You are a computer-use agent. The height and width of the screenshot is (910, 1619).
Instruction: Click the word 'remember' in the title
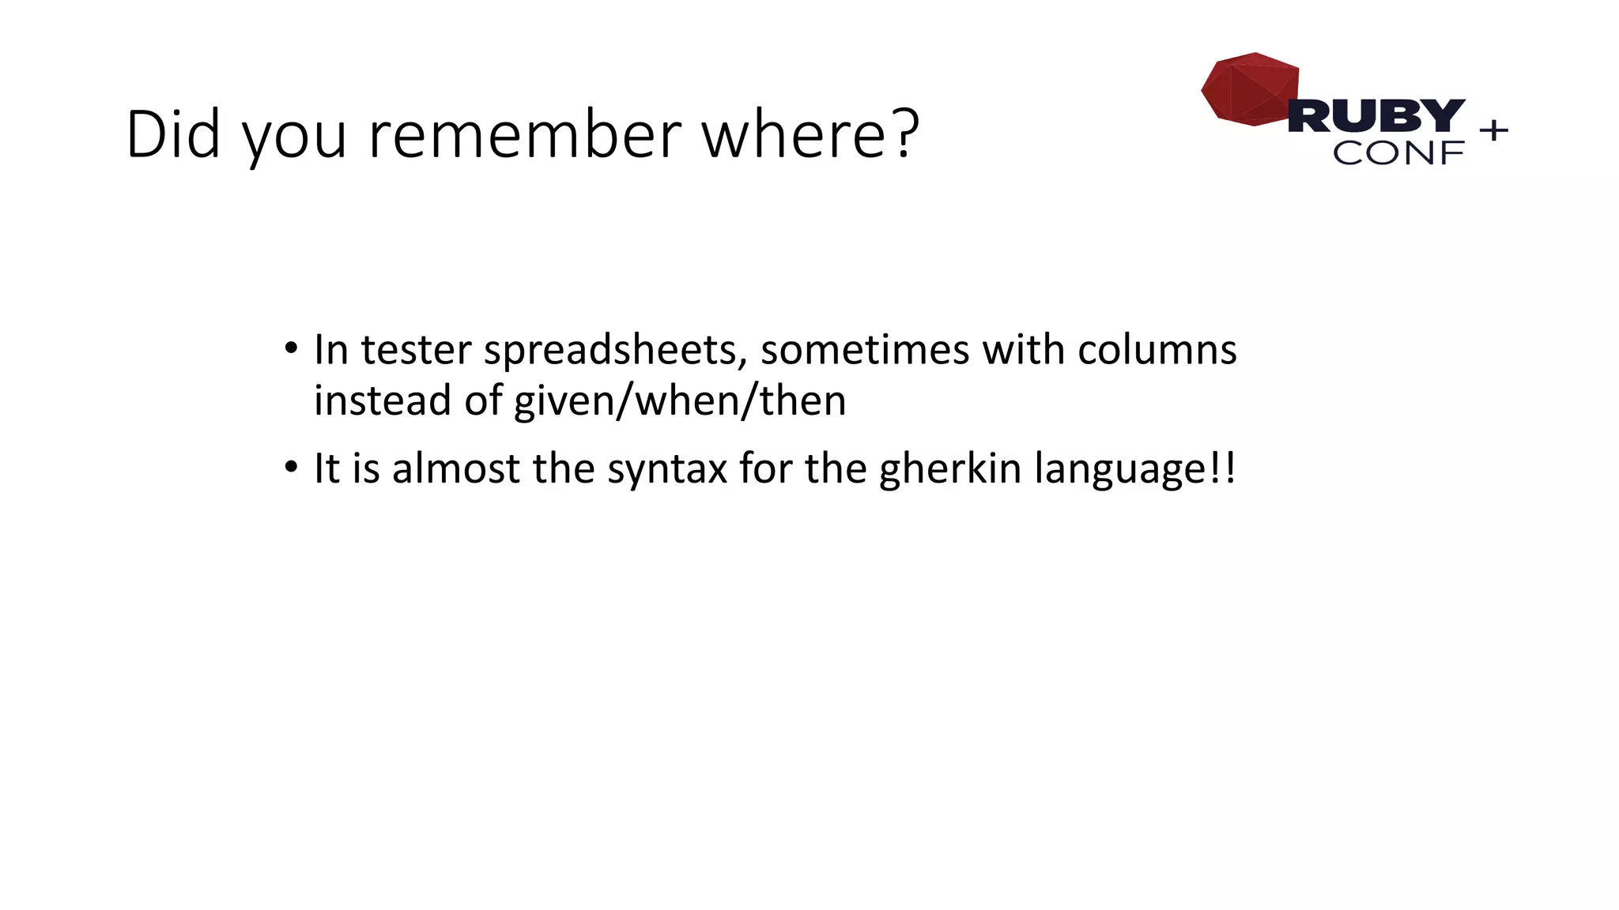524,134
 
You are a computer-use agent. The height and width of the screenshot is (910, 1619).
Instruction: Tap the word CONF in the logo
1398,153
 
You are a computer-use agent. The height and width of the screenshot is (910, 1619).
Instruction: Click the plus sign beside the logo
1493,130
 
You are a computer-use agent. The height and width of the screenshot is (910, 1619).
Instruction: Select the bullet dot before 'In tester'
291,348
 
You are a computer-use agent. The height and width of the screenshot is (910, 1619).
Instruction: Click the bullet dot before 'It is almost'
291,468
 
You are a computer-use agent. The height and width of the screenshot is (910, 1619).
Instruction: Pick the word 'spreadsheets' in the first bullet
615,350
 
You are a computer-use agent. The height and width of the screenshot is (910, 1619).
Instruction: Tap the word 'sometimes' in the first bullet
864,349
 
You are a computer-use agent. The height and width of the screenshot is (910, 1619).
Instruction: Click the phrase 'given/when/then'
680,400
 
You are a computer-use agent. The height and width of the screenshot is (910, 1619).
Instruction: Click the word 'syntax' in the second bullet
666,469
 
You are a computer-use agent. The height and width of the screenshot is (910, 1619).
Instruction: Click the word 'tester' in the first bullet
416,349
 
